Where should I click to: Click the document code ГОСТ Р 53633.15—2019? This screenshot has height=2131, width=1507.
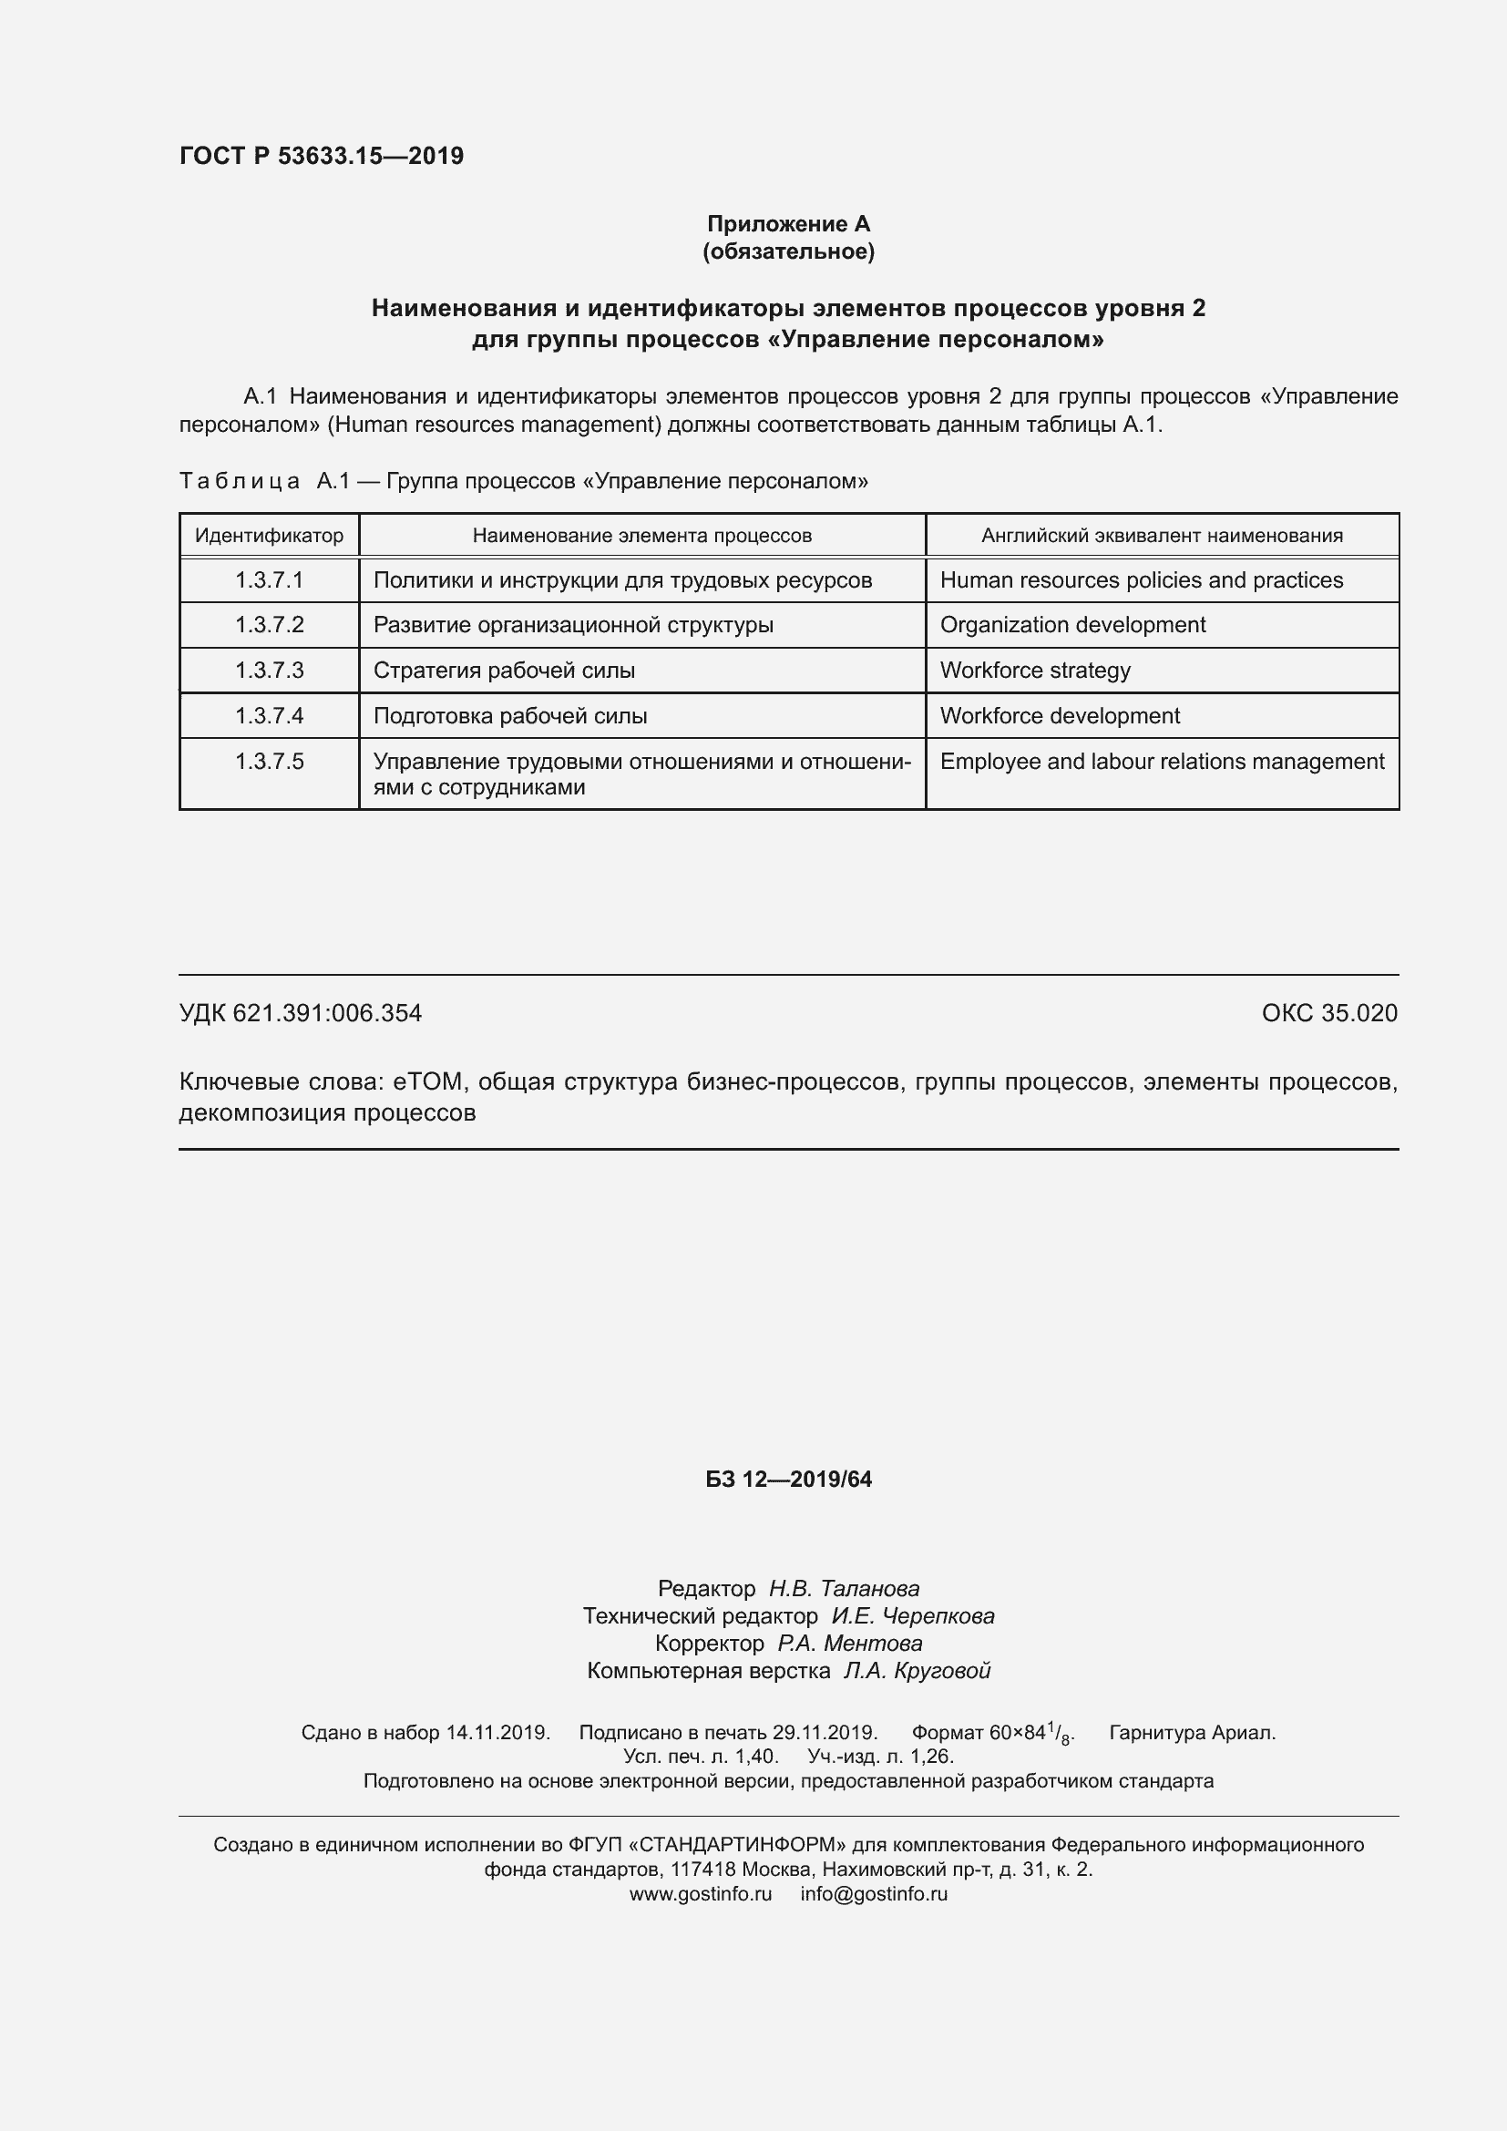coord(321,156)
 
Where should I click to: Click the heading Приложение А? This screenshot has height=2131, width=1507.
coord(788,224)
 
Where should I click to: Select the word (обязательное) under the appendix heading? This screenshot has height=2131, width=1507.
coord(788,251)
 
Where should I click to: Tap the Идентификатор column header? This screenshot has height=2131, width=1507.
coord(269,536)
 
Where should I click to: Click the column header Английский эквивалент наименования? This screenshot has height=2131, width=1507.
coord(1162,536)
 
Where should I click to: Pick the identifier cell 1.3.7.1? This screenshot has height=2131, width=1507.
coord(269,580)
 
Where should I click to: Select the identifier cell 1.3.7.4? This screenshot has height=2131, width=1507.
coord(269,715)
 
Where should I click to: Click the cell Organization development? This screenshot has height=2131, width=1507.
coord(1072,625)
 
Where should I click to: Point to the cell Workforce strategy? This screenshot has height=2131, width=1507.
coord(1035,671)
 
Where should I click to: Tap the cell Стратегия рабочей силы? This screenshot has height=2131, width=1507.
coord(504,671)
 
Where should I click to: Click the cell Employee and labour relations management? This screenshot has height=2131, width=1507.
coord(1162,761)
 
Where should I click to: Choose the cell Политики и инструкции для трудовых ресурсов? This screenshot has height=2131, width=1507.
coord(622,580)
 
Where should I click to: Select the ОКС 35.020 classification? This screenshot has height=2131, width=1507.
coord(1328,1012)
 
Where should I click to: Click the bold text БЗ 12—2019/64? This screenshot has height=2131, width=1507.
coord(788,1480)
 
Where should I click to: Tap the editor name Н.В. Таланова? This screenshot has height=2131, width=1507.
coord(844,1589)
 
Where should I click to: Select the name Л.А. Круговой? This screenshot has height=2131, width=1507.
coord(916,1671)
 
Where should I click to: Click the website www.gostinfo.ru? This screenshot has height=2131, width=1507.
coord(701,1894)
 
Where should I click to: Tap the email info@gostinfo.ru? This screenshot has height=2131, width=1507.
coord(874,1894)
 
